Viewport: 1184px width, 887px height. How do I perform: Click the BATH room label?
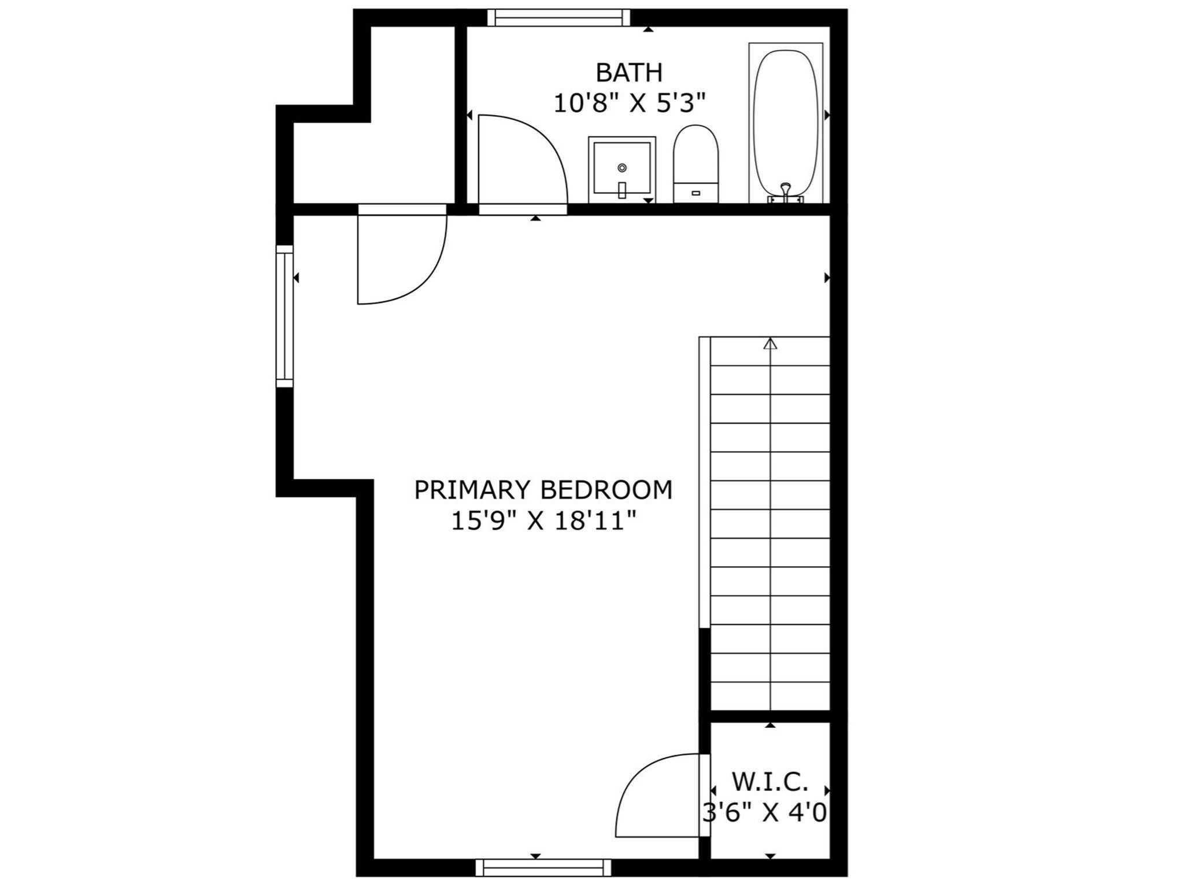pyautogui.click(x=629, y=73)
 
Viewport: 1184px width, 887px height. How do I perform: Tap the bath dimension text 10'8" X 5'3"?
pyautogui.click(x=630, y=104)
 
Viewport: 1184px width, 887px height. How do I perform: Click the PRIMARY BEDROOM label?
pyautogui.click(x=543, y=490)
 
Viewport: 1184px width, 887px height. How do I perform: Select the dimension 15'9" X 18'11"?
pyautogui.click(x=543, y=522)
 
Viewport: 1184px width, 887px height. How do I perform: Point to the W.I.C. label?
pyautogui.click(x=770, y=782)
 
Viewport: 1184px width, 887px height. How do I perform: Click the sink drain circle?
pyautogui.click(x=622, y=168)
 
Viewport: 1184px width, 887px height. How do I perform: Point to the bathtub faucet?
pyautogui.click(x=785, y=190)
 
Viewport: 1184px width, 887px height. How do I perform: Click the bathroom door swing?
pyautogui.click(x=520, y=159)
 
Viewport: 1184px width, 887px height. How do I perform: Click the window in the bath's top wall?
pyautogui.click(x=558, y=17)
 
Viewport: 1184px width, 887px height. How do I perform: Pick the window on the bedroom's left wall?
pyautogui.click(x=284, y=316)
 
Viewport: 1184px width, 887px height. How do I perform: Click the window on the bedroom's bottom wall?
pyautogui.click(x=543, y=867)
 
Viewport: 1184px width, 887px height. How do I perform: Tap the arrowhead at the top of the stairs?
pyautogui.click(x=770, y=344)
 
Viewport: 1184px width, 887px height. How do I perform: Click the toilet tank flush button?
pyautogui.click(x=695, y=193)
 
